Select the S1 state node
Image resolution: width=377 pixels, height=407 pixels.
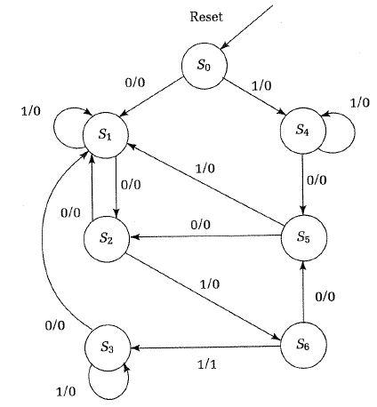click(105, 134)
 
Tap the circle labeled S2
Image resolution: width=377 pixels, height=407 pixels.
click(105, 238)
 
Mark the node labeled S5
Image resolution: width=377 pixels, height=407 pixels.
click(302, 238)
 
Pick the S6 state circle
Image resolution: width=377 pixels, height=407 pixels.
click(302, 342)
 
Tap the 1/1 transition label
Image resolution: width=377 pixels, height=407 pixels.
click(207, 364)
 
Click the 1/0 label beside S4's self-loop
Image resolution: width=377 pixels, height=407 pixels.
click(359, 103)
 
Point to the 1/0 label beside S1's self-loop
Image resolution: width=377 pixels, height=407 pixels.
click(30, 110)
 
